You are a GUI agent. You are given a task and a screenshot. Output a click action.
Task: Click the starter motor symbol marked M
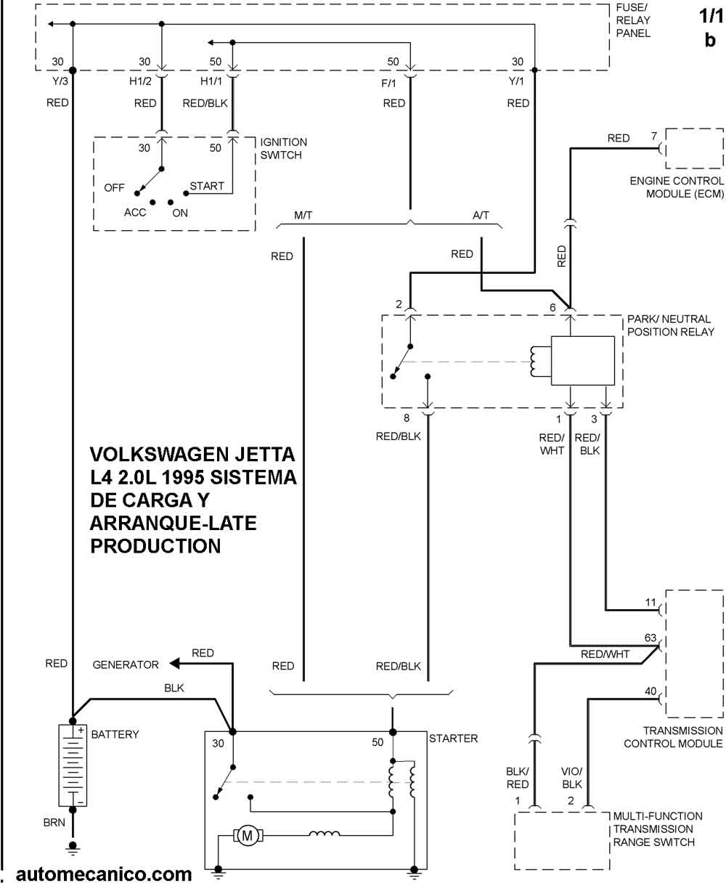(248, 836)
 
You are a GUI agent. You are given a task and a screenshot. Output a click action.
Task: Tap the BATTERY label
(115, 734)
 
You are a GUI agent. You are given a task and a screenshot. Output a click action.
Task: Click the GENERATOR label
(126, 664)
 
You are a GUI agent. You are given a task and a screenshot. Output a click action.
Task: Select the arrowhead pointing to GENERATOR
(174, 663)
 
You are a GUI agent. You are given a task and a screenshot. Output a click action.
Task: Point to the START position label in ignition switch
(207, 186)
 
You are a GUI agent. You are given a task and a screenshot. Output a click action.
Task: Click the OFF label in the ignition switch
(115, 188)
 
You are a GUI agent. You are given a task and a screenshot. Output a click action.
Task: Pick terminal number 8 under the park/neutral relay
(407, 418)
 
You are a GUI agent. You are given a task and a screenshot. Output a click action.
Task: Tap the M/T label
(303, 216)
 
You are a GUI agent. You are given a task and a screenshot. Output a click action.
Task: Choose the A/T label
(481, 216)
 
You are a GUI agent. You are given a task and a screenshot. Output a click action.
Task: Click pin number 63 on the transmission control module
(650, 638)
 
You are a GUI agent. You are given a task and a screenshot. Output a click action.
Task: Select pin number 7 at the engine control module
(654, 136)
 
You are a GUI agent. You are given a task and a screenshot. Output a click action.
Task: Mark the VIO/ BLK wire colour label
(571, 778)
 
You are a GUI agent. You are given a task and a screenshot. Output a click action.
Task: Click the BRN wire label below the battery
(54, 823)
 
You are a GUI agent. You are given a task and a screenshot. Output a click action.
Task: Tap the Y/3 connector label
(60, 81)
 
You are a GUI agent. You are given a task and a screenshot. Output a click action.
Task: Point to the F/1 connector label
(388, 84)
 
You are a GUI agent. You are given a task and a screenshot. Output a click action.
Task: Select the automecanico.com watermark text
(104, 874)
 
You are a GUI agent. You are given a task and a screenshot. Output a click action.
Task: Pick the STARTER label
(453, 739)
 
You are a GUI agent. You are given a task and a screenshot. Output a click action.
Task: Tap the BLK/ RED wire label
(518, 778)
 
